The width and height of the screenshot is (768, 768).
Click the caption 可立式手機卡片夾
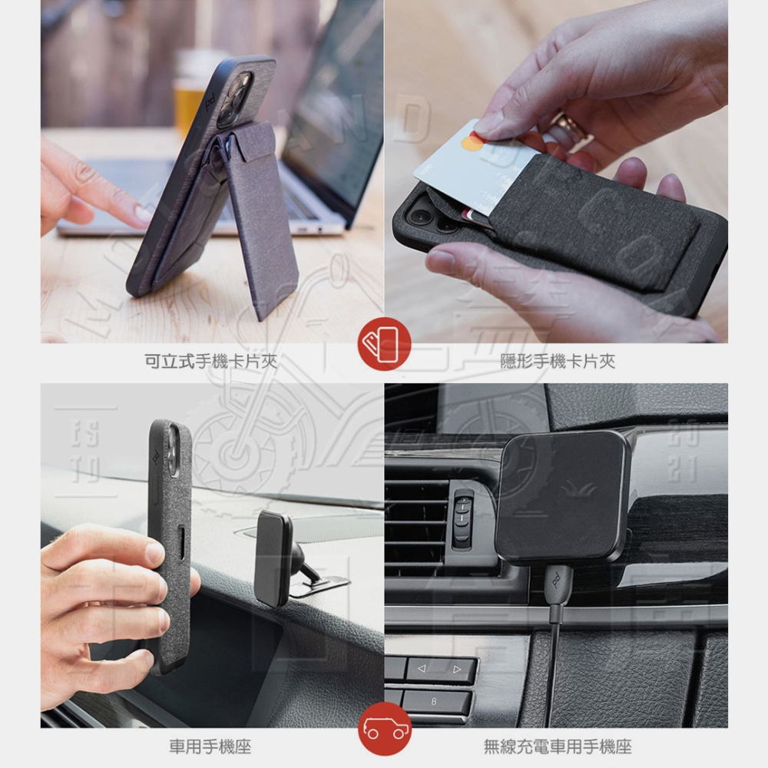click(x=211, y=361)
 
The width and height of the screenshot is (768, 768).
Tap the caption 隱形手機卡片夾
click(x=558, y=361)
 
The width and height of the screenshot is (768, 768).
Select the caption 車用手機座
click(x=210, y=746)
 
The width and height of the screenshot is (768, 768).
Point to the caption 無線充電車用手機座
click(x=558, y=746)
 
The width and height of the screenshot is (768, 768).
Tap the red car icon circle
click(x=384, y=729)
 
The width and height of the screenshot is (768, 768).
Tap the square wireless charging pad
click(x=562, y=496)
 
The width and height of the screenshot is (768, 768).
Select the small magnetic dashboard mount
click(x=275, y=558)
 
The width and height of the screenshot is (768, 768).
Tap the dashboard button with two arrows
click(x=439, y=670)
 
